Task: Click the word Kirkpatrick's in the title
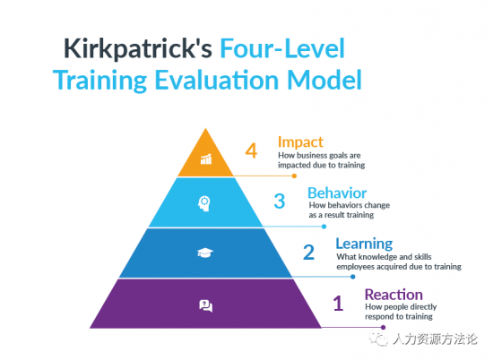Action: click(x=138, y=49)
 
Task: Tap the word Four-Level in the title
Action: click(x=282, y=48)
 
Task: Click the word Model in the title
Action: click(x=324, y=80)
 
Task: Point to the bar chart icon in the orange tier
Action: click(x=206, y=159)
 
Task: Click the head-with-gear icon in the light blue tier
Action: click(x=204, y=203)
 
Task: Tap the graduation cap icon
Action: click(x=205, y=253)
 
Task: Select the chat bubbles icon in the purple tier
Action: click(x=206, y=305)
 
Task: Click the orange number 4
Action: click(x=251, y=150)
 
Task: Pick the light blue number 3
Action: click(x=279, y=201)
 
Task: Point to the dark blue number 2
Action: click(x=308, y=253)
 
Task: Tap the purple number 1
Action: click(x=338, y=304)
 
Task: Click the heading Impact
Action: click(x=300, y=142)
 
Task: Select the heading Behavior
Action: click(x=337, y=193)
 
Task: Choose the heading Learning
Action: click(x=364, y=244)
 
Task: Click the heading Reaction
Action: click(x=394, y=295)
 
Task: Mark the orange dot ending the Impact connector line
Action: click(x=294, y=176)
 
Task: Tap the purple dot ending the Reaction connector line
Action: click(x=383, y=328)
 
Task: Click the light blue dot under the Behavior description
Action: click(x=324, y=227)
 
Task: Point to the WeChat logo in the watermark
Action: click(x=379, y=339)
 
